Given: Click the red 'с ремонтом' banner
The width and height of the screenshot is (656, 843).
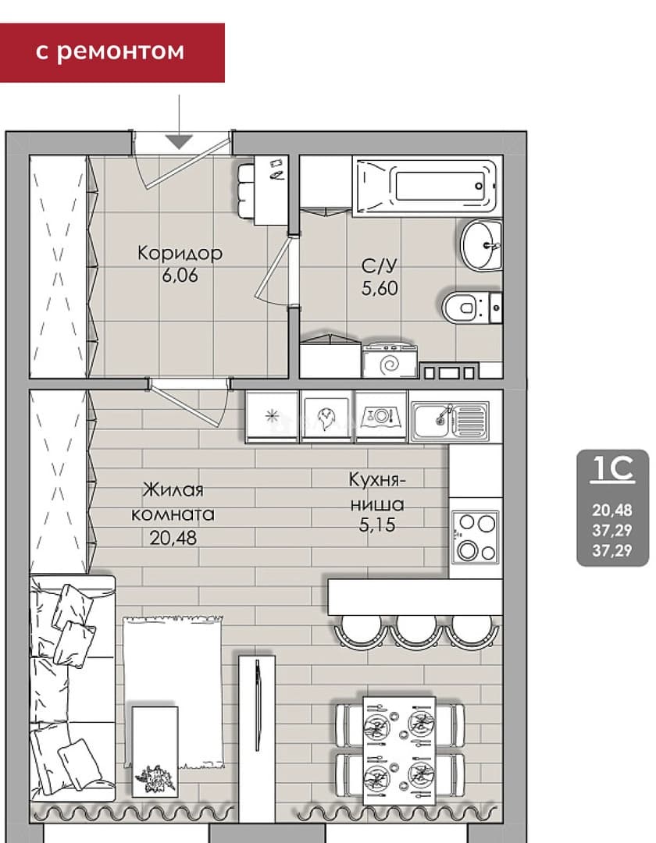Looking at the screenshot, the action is [112, 53].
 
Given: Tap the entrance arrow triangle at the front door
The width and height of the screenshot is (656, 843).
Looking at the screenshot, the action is [179, 141].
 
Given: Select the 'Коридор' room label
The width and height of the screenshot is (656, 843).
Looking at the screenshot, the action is [180, 253].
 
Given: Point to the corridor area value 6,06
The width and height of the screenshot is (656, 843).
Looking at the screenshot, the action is [180, 276].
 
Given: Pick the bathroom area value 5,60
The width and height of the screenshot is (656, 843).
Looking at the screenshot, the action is [380, 288].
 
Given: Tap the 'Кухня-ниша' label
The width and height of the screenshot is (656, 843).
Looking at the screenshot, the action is [377, 492].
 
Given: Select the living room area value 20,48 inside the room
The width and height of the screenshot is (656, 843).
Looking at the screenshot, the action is [173, 537].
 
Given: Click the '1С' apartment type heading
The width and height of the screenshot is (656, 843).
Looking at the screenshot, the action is [612, 468].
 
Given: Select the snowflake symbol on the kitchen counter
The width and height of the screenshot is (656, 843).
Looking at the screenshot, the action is [272, 415].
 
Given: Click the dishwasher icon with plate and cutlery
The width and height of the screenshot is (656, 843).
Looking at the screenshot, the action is [381, 416].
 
